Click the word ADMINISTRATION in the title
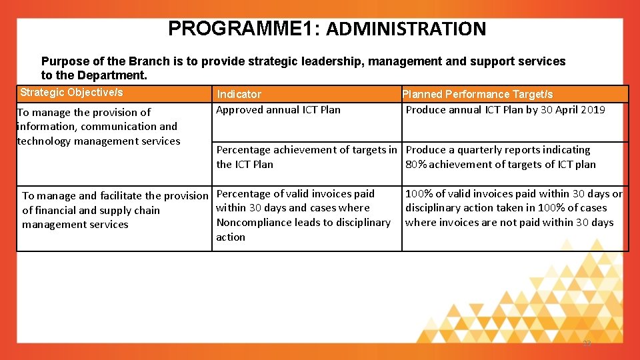[406, 29]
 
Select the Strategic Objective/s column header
[71, 93]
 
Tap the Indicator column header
[239, 95]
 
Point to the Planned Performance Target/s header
[477, 95]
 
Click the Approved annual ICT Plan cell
[278, 110]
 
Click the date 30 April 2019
[573, 110]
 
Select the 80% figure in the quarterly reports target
[416, 165]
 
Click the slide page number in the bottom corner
[587, 343]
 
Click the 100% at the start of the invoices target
[418, 194]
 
